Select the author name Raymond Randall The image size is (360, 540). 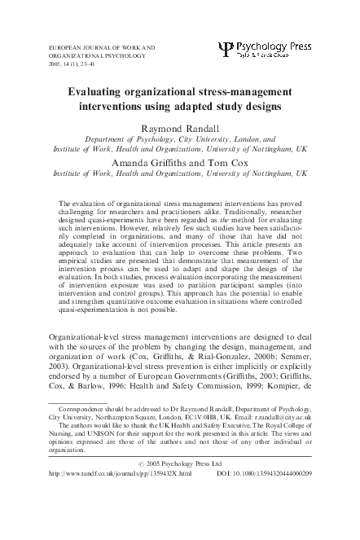[179, 129]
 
